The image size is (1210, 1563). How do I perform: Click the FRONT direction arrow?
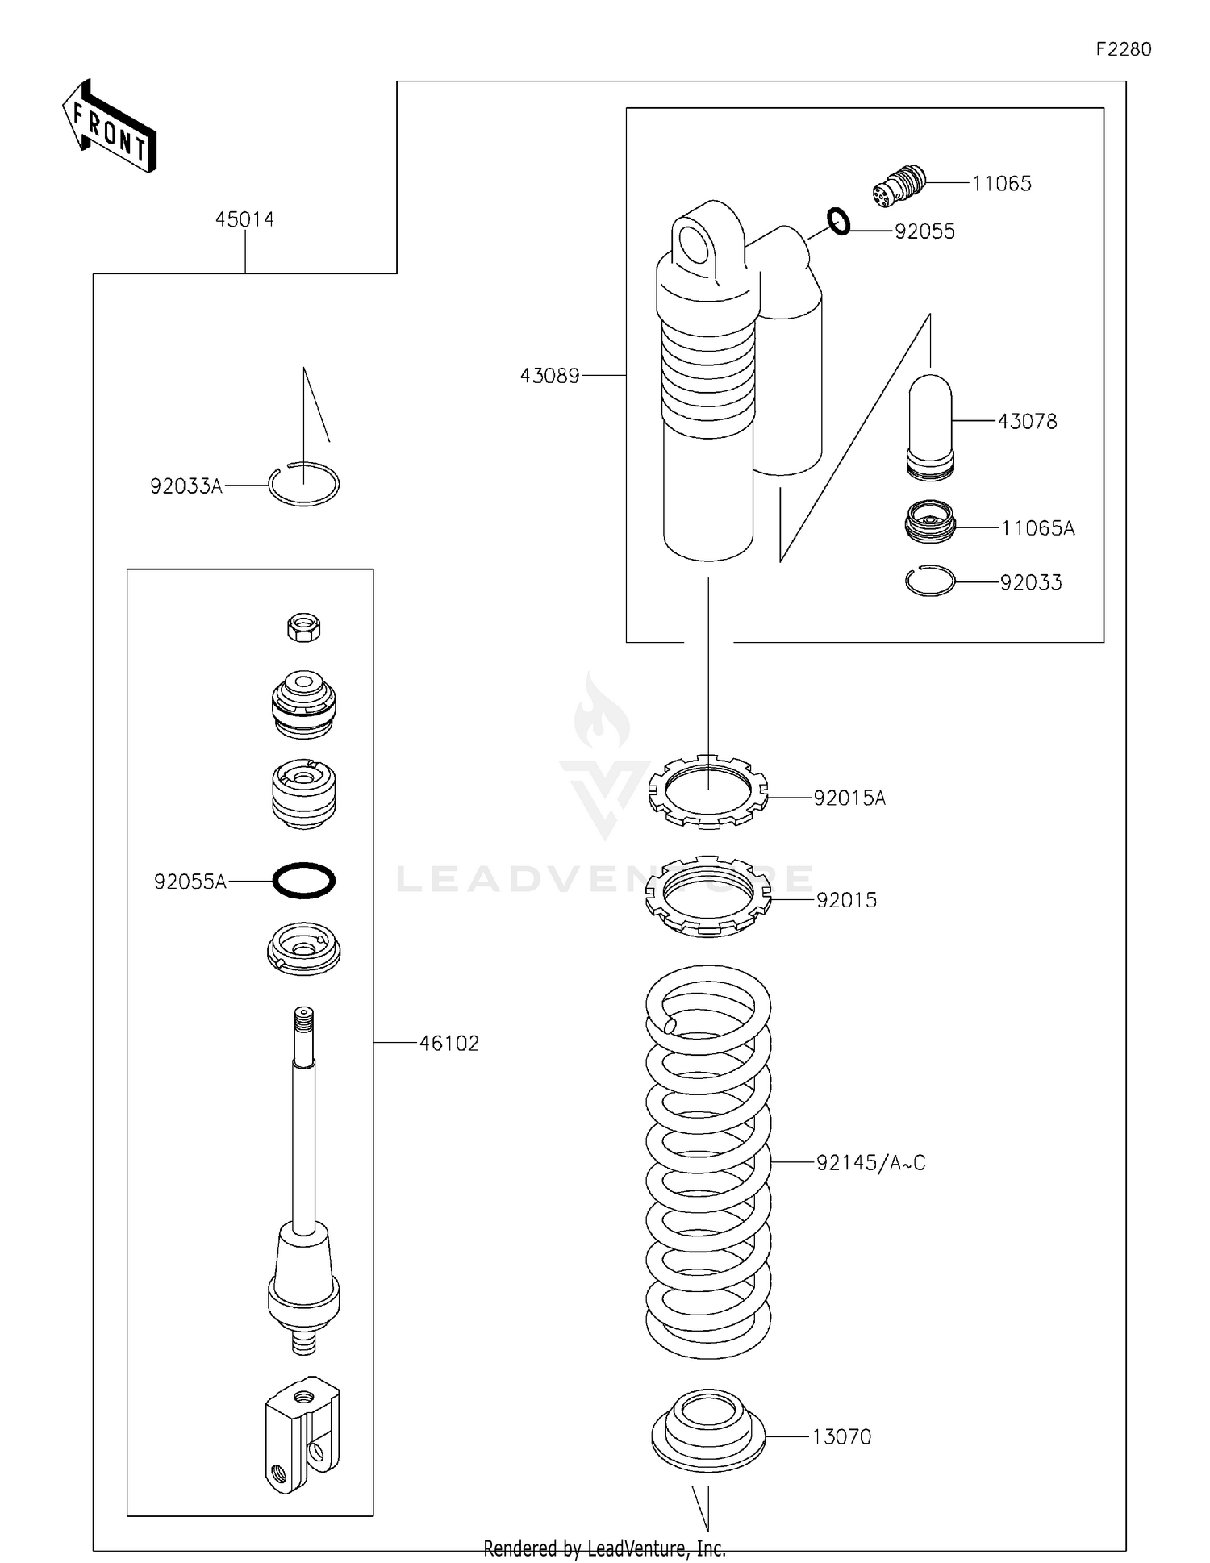pos(109,127)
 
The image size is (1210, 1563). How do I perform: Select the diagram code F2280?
pos(1123,49)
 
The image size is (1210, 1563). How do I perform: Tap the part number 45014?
pos(244,219)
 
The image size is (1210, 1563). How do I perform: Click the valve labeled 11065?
pos(899,185)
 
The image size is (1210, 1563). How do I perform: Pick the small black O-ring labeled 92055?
pos(839,221)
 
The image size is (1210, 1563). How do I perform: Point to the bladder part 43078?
pos(931,427)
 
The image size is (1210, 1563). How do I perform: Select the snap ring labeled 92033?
pos(930,581)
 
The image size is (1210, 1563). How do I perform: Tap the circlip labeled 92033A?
pos(304,484)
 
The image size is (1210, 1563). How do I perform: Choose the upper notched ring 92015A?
pos(708,791)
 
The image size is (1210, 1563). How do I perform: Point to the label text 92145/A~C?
pos(870,1163)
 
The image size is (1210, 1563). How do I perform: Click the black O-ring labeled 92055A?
pos(304,880)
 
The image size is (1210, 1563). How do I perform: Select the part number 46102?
pos(449,1044)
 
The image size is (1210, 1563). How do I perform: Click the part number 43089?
pos(549,376)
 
